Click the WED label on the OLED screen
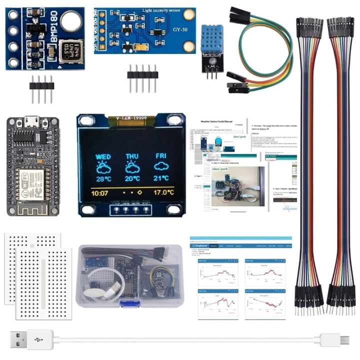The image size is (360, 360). click(103, 156)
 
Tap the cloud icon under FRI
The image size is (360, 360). click(161, 166)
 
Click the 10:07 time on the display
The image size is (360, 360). click(100, 192)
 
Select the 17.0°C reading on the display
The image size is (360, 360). click(163, 192)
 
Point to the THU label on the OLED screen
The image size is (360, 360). click(132, 156)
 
